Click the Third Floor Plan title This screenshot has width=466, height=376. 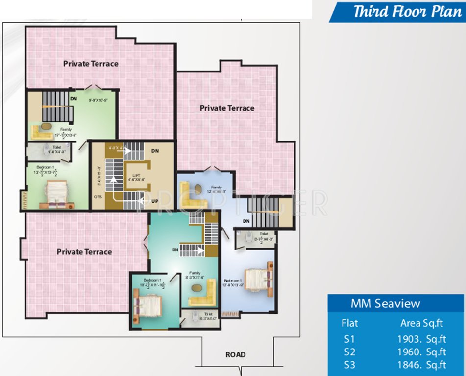407,11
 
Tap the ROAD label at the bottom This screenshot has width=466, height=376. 236,354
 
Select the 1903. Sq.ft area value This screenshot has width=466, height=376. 422,338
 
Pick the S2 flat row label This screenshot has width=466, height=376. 350,352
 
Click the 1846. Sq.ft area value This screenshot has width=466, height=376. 422,365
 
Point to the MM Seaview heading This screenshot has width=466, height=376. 385,304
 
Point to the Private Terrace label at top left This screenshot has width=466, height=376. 91,64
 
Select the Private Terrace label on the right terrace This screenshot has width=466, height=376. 227,108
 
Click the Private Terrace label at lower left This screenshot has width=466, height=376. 84,252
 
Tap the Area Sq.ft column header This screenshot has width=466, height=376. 421,323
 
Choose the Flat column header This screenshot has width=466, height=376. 350,323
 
